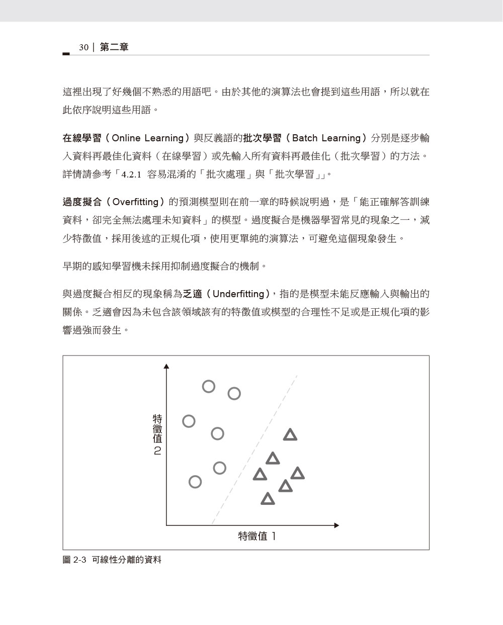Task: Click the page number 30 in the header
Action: [83, 47]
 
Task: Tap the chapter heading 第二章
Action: [114, 47]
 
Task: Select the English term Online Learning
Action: [147, 138]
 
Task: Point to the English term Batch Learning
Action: [326, 138]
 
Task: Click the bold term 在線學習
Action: [82, 138]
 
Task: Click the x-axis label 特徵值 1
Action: [257, 537]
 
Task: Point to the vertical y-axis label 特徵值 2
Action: [157, 434]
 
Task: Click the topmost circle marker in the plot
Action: [209, 386]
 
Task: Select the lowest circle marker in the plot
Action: [195, 482]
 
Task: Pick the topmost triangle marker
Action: [290, 435]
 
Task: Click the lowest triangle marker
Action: [268, 499]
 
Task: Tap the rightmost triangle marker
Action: [297, 474]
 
